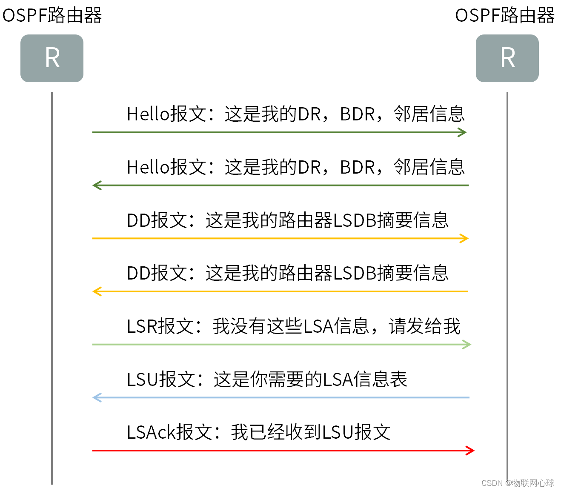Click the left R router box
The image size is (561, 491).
pyautogui.click(x=52, y=58)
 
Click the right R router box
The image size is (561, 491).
pyautogui.click(x=507, y=58)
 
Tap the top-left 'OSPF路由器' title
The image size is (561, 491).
pyautogui.click(x=52, y=15)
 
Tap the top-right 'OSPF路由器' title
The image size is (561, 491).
pyautogui.click(x=505, y=15)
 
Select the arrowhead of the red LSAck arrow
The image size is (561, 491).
pyautogui.click(x=471, y=451)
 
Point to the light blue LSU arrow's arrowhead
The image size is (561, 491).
pyautogui.click(x=97, y=397)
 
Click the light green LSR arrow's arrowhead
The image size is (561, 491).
pyautogui.click(x=467, y=344)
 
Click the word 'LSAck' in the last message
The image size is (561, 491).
pyautogui.click(x=152, y=432)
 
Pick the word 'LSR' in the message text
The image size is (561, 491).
pyautogui.click(x=142, y=326)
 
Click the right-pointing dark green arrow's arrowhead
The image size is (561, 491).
pyautogui.click(x=463, y=132)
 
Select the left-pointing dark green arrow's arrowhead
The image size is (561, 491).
pyautogui.click(x=97, y=186)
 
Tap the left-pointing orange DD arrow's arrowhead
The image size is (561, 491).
pyautogui.click(x=97, y=291)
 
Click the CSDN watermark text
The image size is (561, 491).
pyautogui.click(x=518, y=483)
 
